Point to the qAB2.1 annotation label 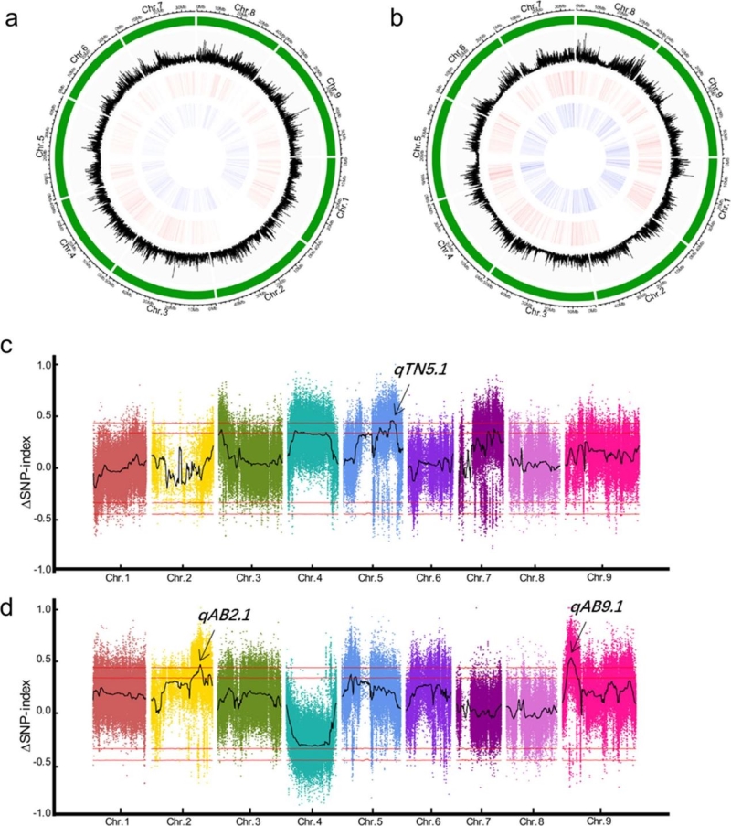[x=221, y=614]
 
